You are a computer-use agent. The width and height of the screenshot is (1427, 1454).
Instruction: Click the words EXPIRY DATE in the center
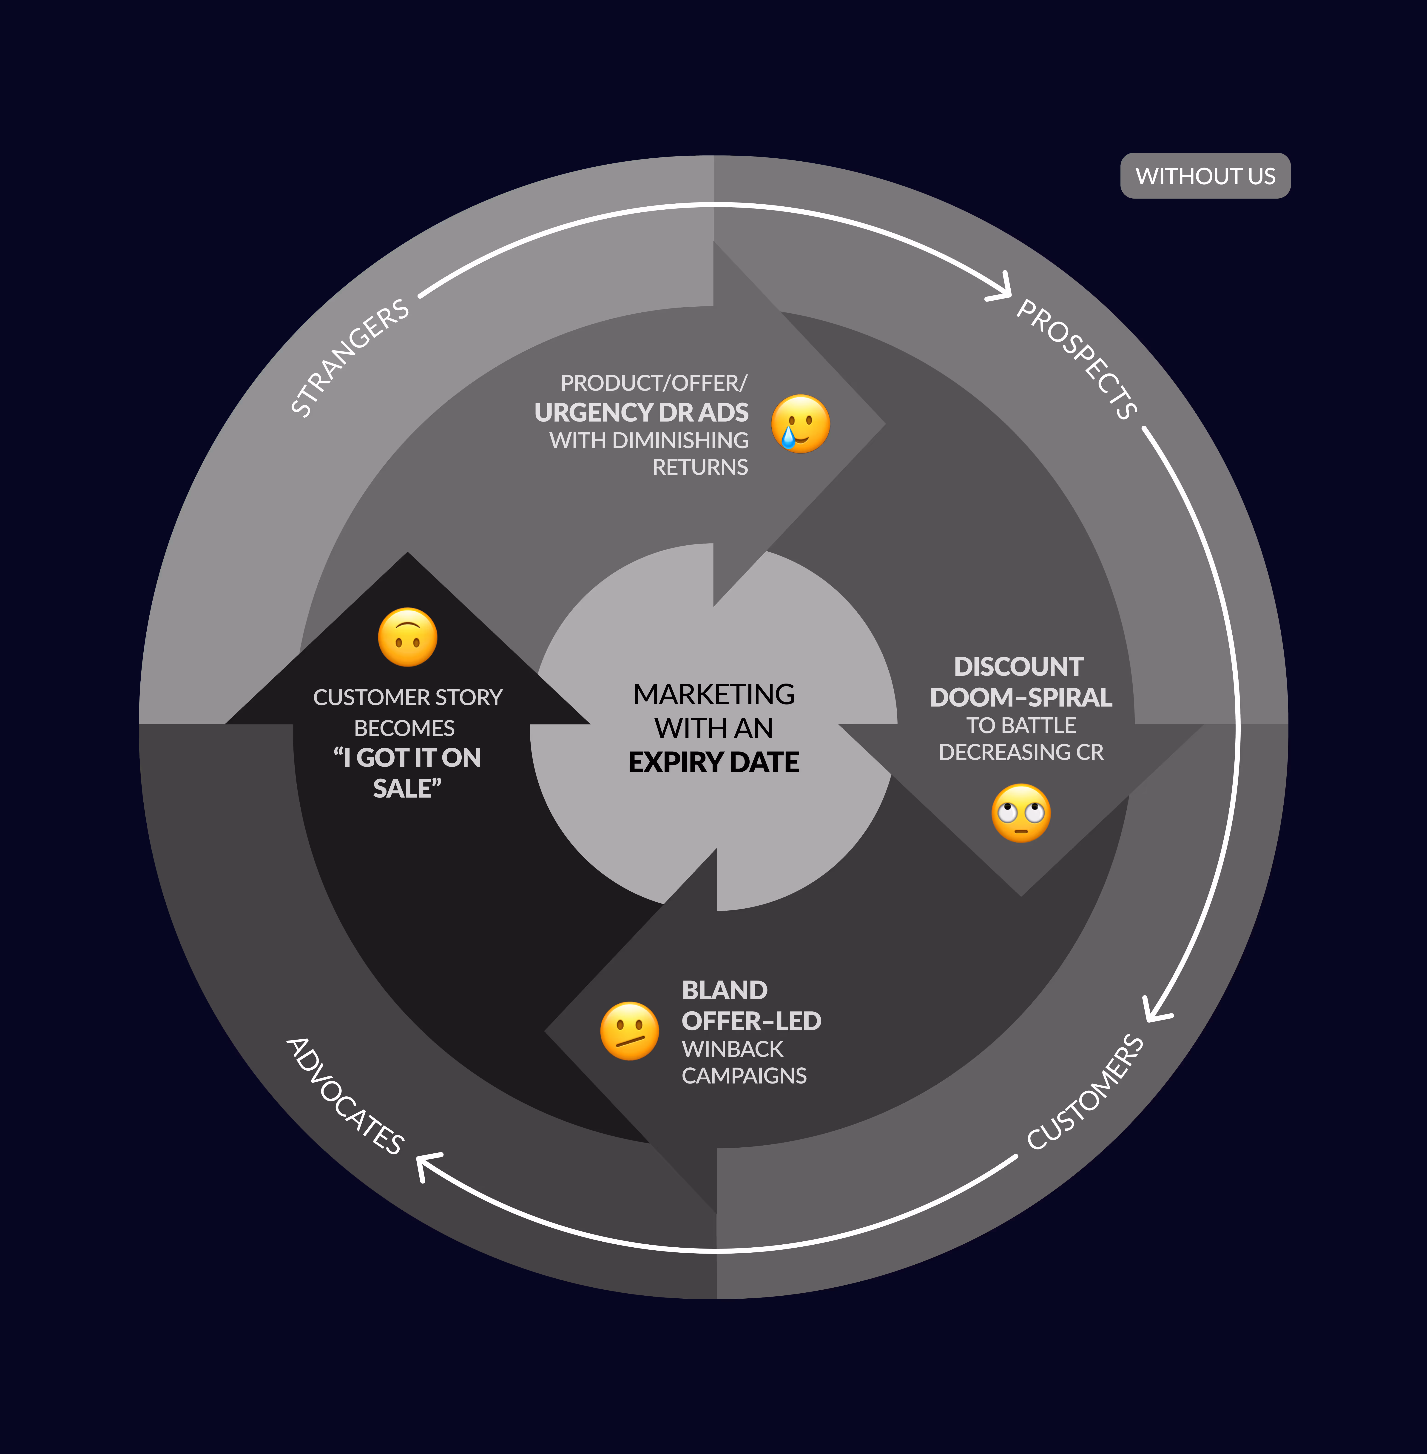[x=713, y=762]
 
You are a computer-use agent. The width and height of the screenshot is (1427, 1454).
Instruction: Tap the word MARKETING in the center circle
[x=713, y=694]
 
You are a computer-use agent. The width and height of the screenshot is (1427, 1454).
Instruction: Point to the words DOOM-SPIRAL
[x=1021, y=697]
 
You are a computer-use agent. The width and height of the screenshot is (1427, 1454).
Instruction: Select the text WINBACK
[x=732, y=1049]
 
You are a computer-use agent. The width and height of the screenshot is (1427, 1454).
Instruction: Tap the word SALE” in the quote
[x=407, y=788]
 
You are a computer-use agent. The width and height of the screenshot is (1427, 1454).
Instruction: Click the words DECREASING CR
[x=1021, y=752]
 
